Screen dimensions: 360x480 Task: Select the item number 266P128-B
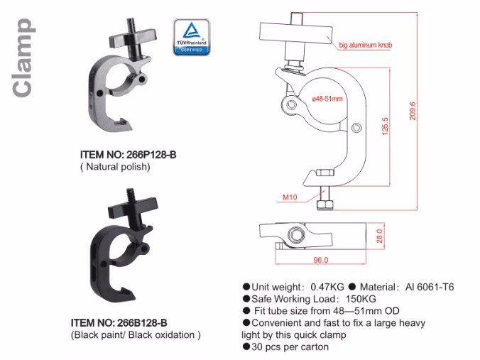click(128, 155)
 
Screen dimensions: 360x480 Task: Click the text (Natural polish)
click(114, 167)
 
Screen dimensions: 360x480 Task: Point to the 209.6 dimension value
click(413, 111)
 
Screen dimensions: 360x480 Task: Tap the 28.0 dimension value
click(380, 234)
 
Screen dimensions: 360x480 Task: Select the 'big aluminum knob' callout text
click(366, 44)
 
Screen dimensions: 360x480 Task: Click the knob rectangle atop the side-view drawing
click(296, 32)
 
